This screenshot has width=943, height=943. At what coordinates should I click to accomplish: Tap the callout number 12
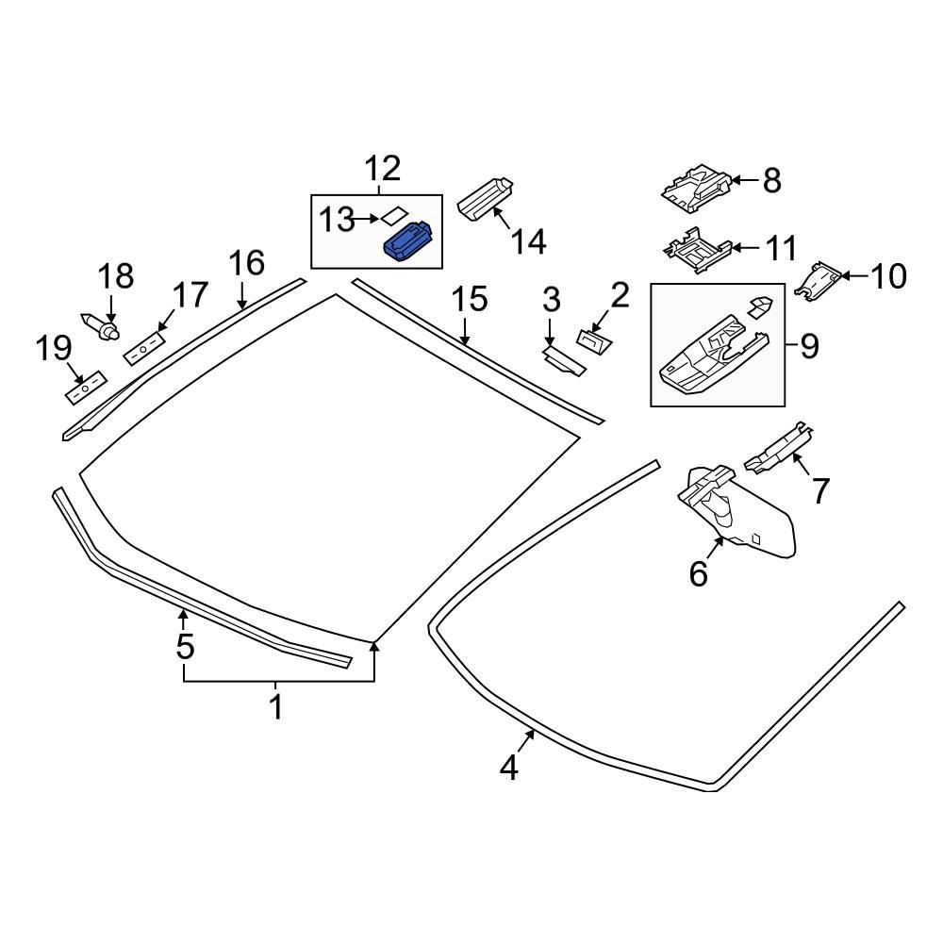[383, 170]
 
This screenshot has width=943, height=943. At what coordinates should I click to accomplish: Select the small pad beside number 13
[393, 216]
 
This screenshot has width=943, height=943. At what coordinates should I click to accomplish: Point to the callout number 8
[772, 180]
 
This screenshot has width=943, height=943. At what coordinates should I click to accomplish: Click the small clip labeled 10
[819, 279]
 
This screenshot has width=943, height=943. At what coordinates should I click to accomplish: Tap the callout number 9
[809, 347]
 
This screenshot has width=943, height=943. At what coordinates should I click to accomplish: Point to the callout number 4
[509, 769]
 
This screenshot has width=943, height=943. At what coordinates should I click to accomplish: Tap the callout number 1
[276, 706]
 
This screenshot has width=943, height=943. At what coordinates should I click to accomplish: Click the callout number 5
[185, 647]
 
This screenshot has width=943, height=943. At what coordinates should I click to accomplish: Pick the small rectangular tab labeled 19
[84, 387]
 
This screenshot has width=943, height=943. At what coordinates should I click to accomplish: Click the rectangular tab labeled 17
[144, 347]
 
